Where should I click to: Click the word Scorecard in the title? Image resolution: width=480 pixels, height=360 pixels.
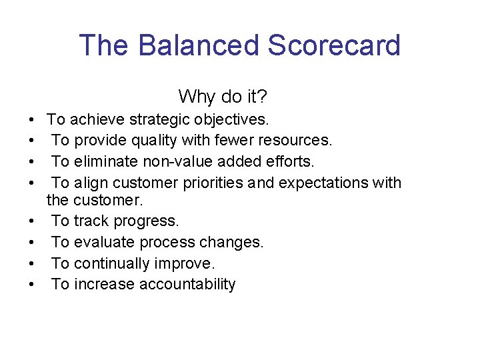coord(334,45)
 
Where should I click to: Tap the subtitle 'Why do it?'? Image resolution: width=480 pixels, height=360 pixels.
coord(223,97)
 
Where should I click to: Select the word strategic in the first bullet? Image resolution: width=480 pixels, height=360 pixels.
coord(159,119)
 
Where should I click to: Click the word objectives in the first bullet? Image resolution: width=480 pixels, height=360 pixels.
coord(231,119)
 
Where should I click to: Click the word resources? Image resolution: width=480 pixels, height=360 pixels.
coord(297,140)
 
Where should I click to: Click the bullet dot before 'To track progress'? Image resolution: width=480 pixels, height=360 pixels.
coord(32,221)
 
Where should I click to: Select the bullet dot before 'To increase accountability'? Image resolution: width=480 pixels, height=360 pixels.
coord(32,285)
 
